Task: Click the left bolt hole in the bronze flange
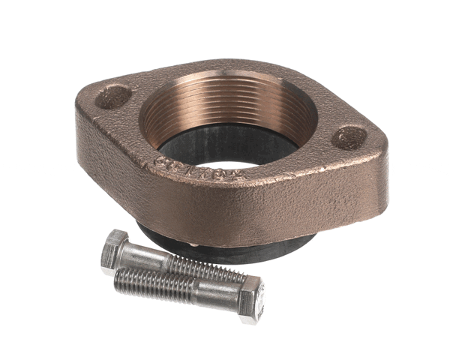coord(115,96)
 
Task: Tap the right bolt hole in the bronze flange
coord(349,137)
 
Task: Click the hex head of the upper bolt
coord(115,248)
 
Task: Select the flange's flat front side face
coord(247,202)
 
